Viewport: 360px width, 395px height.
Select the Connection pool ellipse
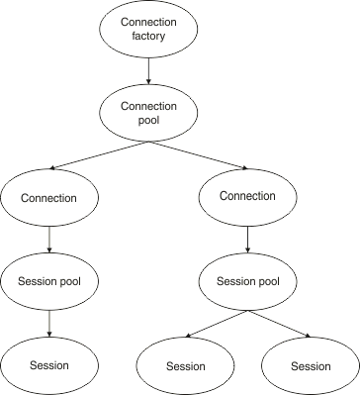pyautogui.click(x=147, y=113)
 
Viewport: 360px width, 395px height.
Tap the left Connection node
pyautogui.click(x=49, y=198)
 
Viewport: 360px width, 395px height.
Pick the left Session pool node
pyautogui.click(x=49, y=281)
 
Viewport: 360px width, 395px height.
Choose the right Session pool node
pyautogui.click(x=247, y=281)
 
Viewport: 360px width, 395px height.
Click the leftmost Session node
pyautogui.click(x=49, y=365)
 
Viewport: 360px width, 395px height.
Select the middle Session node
pyautogui.click(x=185, y=366)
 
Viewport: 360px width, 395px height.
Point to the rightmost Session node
pyautogui.click(x=310, y=366)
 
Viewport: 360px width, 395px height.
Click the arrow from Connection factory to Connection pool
pyautogui.click(x=147, y=70)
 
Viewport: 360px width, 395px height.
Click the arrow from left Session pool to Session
pyautogui.click(x=49, y=323)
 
